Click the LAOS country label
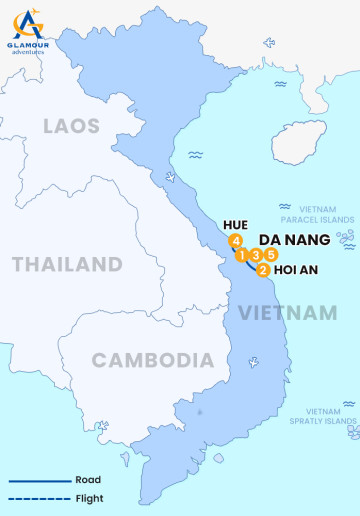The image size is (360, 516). click(71, 125)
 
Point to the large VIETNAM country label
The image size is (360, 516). click(287, 313)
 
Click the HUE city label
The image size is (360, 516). click(236, 224)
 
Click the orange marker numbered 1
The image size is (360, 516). click(242, 255)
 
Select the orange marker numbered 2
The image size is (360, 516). click(262, 269)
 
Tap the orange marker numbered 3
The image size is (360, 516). click(257, 255)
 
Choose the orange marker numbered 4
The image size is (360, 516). click(235, 241)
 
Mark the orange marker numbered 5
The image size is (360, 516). click(271, 255)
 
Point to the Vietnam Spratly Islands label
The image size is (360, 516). click(331, 416)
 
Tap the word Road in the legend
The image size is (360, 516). click(88, 480)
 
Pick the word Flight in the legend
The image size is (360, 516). click(89, 498)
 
